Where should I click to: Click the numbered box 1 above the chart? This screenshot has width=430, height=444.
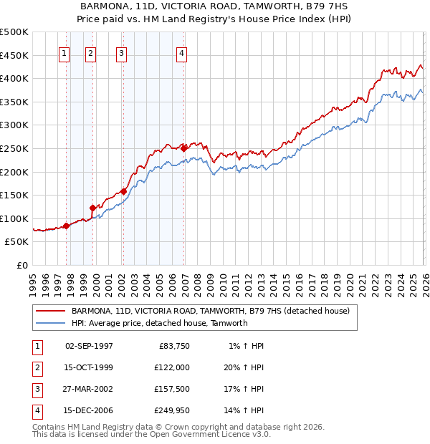tap(64, 52)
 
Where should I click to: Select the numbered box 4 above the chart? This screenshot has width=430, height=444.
tap(182, 52)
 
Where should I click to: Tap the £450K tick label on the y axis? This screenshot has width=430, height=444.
tap(14, 55)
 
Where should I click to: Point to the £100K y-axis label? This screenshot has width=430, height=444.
tap(14, 218)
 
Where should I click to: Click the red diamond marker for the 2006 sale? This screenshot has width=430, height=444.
tap(184, 148)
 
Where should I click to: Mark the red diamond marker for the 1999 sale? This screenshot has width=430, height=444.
tap(92, 208)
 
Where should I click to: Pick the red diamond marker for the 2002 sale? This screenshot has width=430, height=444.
tap(123, 191)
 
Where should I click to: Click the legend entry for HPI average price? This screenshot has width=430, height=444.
tap(158, 323)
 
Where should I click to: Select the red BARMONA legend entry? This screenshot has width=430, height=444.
tap(210, 311)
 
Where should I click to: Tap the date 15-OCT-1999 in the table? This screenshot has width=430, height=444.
tap(89, 367)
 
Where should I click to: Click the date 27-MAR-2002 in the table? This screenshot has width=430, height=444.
tap(89, 389)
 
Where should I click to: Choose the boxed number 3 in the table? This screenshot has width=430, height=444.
tap(37, 389)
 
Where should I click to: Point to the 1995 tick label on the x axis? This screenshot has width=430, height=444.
tap(33, 284)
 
